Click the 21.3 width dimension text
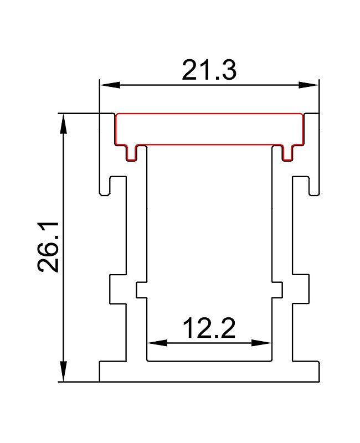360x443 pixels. pos(209,70)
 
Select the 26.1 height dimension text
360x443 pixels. pos(48,247)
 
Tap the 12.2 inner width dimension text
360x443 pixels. pos(209,328)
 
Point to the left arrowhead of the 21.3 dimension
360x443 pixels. pos(110,85)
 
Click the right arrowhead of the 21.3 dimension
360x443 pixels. pos(309,85)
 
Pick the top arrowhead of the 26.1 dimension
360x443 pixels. pos(64,123)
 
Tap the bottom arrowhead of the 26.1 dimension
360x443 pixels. pos(64,372)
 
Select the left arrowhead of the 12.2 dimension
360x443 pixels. pos(157,343)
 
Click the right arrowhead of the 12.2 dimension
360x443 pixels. pos(261,343)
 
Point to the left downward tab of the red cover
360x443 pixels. pos(131,153)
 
